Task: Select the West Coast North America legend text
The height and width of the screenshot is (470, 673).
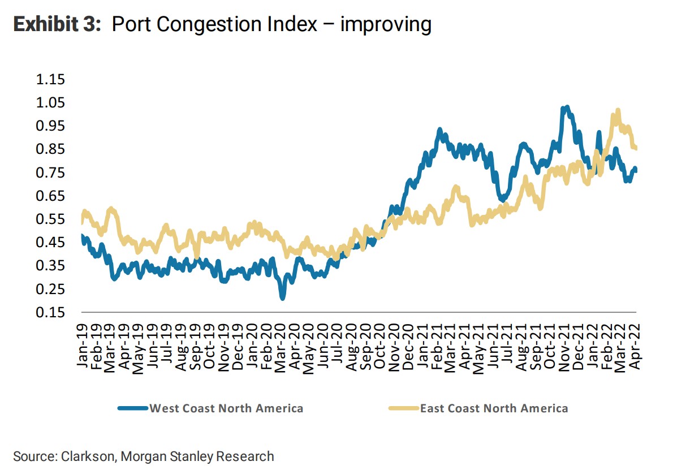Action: coord(226,408)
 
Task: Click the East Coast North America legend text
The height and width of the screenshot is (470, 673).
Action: coord(494,408)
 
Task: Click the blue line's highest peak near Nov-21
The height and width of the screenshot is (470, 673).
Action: coord(566,107)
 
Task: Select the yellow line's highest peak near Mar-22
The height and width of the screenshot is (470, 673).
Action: coord(617,111)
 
